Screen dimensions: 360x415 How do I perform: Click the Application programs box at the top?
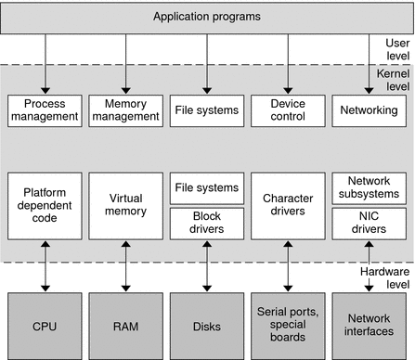[207, 17]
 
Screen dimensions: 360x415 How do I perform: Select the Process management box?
[45, 110]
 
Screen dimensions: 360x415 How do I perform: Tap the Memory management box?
[125, 110]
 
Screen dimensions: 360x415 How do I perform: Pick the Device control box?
[287, 110]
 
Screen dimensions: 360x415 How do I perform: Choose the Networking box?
[369, 110]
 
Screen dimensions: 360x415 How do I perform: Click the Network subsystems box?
[369, 186]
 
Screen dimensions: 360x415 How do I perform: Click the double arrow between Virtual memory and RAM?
[125, 264]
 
